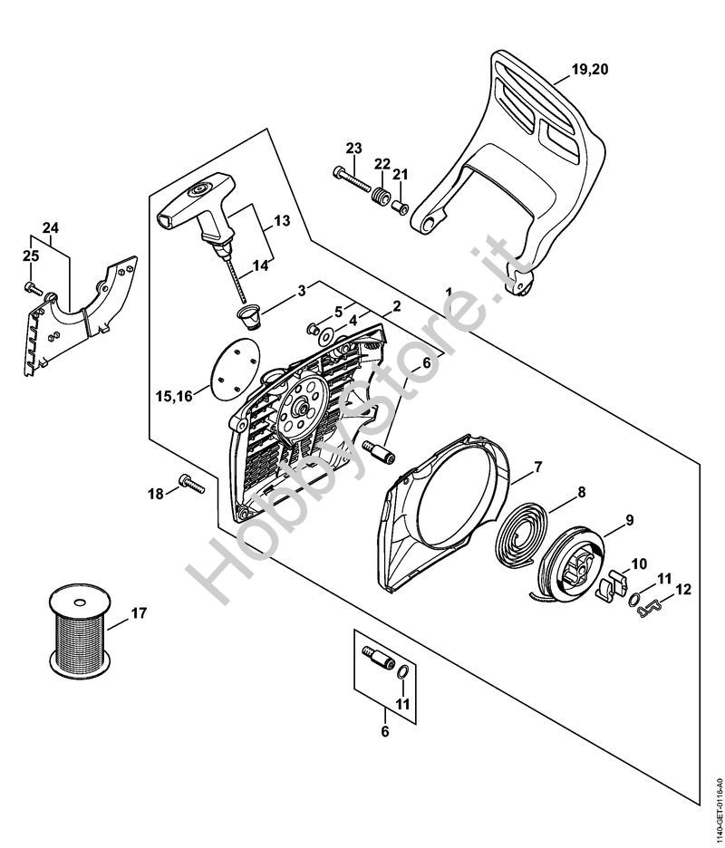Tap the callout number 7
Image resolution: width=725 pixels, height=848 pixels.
coord(537,467)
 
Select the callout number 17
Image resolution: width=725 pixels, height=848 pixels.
coord(138,613)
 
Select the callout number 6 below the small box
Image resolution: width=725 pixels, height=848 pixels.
coord(383,731)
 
